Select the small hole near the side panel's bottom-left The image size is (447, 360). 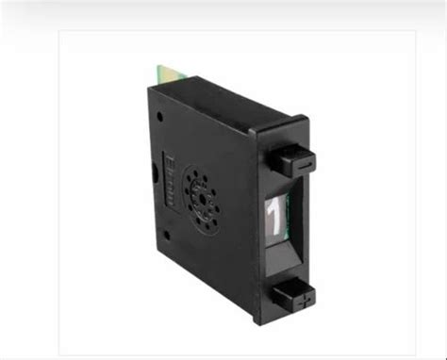[x=166, y=233]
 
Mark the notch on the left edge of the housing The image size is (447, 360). [x=155, y=173]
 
